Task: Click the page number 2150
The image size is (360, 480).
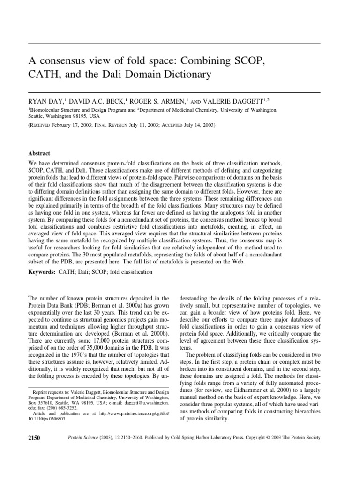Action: point(35,438)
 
